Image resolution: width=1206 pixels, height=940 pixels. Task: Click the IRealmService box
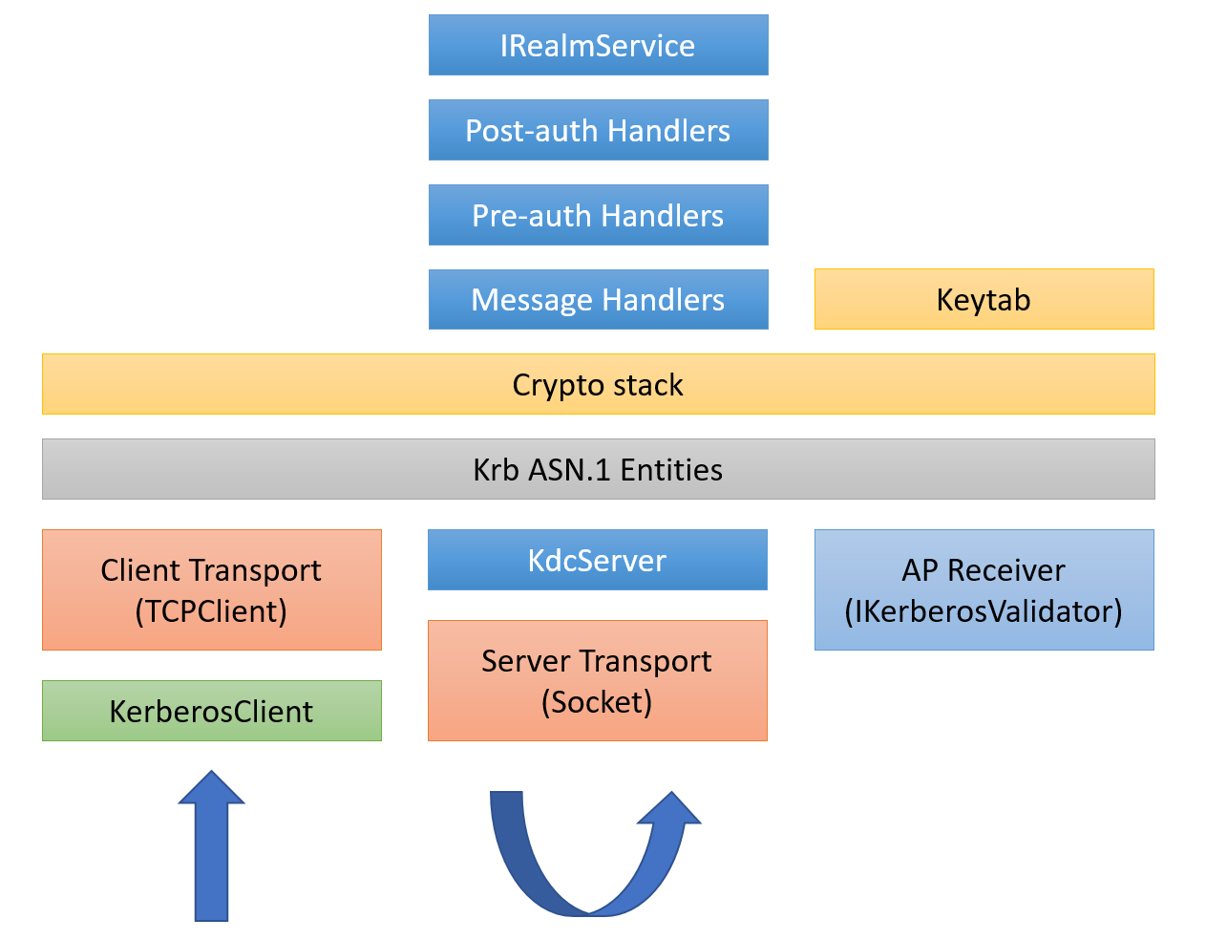[598, 45]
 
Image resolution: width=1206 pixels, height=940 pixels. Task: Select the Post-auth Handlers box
[598, 130]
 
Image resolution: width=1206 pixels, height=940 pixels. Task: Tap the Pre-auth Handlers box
[598, 215]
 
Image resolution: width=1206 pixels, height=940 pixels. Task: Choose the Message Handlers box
[598, 300]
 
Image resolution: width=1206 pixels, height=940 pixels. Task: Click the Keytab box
[984, 300]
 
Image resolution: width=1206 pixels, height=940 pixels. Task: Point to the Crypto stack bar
[598, 384]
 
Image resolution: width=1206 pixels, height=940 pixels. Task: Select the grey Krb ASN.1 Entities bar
[598, 469]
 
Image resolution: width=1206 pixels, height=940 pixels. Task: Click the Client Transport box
[211, 589]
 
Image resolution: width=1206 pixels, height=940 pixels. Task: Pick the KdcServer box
[597, 560]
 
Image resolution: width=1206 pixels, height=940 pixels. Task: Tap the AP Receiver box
[984, 589]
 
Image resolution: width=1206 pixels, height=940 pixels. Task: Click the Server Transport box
[597, 680]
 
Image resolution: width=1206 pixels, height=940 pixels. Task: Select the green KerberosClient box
[211, 711]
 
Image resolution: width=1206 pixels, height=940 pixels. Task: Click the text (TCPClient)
[211, 611]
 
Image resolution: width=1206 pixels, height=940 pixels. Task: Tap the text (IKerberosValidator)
[984, 611]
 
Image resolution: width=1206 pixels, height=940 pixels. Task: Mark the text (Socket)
[597, 702]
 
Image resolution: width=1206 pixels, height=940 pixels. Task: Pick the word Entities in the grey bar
[671, 470]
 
